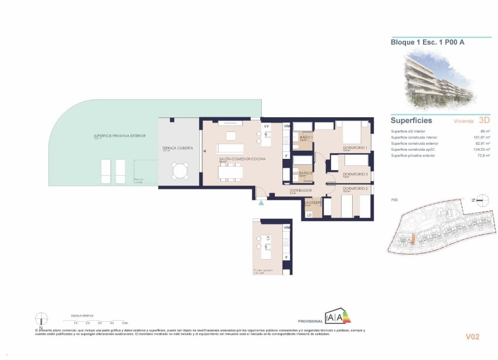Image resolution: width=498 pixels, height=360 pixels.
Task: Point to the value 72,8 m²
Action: (483, 156)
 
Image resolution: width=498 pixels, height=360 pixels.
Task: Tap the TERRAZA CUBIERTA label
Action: (178, 148)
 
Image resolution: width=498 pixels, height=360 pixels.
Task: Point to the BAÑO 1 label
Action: (306, 137)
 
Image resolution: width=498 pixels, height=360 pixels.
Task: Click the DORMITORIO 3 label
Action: (355, 175)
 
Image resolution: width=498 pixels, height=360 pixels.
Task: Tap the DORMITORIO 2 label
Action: (355, 188)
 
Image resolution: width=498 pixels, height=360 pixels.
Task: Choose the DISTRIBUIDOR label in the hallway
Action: (299, 190)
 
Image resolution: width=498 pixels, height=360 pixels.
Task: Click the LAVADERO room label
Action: (312, 202)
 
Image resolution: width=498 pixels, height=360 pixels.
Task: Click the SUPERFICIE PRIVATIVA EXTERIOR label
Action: (120, 136)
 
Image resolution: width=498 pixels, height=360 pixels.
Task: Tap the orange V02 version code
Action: (472, 337)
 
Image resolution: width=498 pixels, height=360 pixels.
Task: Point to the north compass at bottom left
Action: (41, 320)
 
